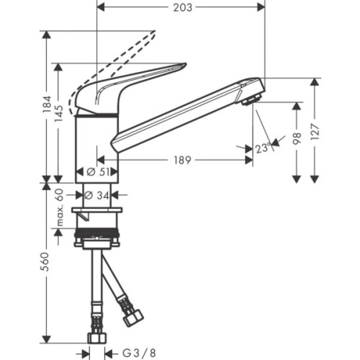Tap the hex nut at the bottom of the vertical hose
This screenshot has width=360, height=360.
96,337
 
